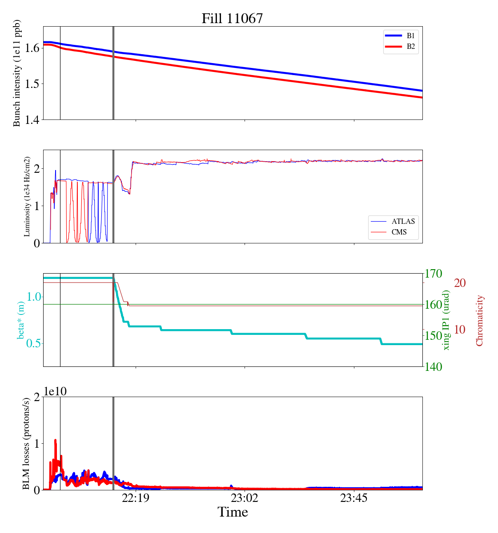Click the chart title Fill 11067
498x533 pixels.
pos(232,18)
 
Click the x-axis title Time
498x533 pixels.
pos(233,512)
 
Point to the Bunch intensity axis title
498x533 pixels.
pos(17,73)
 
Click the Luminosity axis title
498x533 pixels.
pos(27,196)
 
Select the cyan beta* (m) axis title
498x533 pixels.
pos(21,320)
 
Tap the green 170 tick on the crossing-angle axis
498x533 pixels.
pos(434,274)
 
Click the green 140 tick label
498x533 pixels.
pos(434,367)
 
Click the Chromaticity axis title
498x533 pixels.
pos(479,320)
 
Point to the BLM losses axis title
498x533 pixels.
pos(26,443)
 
